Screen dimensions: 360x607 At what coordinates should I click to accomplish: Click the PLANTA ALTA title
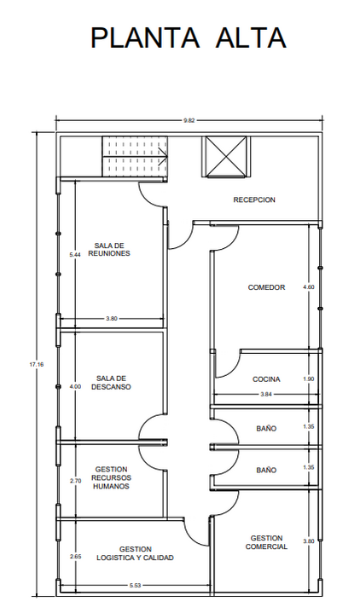point(189,38)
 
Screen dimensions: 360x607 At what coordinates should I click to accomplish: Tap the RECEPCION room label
point(254,199)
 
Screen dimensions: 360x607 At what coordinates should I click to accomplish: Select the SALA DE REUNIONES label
point(109,249)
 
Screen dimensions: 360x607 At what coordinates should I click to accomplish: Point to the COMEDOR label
point(266,287)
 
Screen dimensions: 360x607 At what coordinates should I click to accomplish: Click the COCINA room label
point(266,379)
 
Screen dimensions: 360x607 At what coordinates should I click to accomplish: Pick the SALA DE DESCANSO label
point(111,383)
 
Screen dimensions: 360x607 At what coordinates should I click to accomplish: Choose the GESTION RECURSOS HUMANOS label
point(111,477)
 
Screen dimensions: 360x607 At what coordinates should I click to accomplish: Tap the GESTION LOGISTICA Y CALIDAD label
point(136,553)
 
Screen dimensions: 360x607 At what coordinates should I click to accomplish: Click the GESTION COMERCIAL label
point(266,542)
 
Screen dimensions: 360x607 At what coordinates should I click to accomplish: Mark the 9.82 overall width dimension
point(189,120)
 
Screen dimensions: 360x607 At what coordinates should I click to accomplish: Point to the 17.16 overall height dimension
point(37,364)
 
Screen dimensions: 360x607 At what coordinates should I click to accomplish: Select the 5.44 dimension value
point(75,254)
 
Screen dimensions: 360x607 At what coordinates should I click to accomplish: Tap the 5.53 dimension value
point(136,586)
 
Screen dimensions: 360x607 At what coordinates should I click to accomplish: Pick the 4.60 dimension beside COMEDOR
point(309,287)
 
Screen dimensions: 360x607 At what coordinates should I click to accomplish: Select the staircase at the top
point(135,156)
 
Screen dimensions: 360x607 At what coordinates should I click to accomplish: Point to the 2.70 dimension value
point(76,481)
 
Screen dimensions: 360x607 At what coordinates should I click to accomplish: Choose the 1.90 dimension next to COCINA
point(309,379)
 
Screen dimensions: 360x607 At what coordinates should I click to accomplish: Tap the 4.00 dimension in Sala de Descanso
point(76,386)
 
